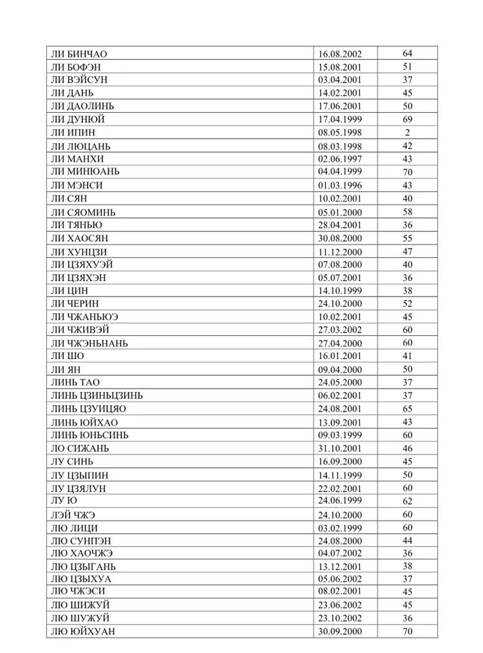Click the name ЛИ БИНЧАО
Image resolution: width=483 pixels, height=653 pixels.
pyautogui.click(x=79, y=54)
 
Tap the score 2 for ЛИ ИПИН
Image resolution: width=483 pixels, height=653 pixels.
pyautogui.click(x=408, y=133)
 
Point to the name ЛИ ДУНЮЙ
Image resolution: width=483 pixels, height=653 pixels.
pyautogui.click(x=77, y=119)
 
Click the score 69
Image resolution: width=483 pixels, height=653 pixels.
pyautogui.click(x=408, y=119)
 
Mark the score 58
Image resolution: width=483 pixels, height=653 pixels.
pyautogui.click(x=408, y=212)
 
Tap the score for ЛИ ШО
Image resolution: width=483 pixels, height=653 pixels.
pyautogui.click(x=408, y=356)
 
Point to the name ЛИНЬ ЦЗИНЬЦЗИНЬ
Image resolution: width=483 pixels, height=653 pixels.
pyautogui.click(x=97, y=395)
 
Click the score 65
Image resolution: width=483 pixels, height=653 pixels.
pyautogui.click(x=408, y=409)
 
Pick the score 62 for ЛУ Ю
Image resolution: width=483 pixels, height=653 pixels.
pyautogui.click(x=408, y=501)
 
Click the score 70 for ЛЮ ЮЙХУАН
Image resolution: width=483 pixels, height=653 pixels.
pyautogui.click(x=408, y=632)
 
